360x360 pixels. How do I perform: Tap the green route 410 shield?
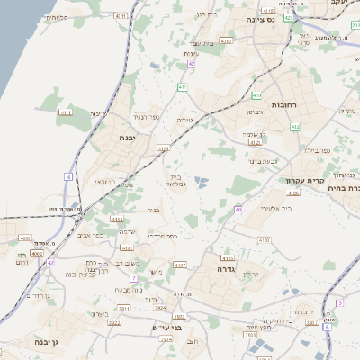(x=295, y=128)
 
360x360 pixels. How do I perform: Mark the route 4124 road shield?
(x=163, y=148)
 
